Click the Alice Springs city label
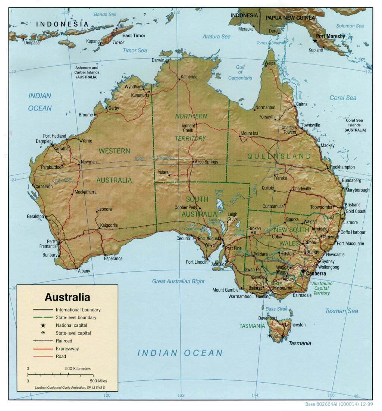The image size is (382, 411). pos(206,162)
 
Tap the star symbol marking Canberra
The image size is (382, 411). pos(303,273)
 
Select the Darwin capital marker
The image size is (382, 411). pos(167,61)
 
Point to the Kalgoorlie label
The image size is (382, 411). pos(109,225)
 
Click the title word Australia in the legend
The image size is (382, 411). pos(67,297)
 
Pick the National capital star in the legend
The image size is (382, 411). pos(43,325)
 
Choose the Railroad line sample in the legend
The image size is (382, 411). pos(43,341)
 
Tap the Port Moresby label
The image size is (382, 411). pos(330,37)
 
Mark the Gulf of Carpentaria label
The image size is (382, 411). pos(240,72)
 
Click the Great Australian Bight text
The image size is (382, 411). pos(178,281)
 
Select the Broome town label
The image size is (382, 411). pos(85,115)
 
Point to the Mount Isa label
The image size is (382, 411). pos(249,133)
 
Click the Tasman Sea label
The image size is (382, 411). pos(341,311)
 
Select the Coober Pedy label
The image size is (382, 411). pos(186,207)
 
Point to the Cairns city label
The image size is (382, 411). pos(302,104)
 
